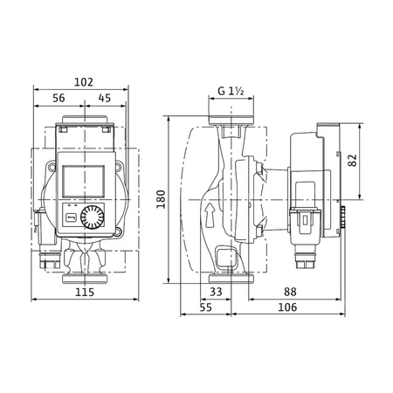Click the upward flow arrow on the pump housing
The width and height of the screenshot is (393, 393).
point(209,210)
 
